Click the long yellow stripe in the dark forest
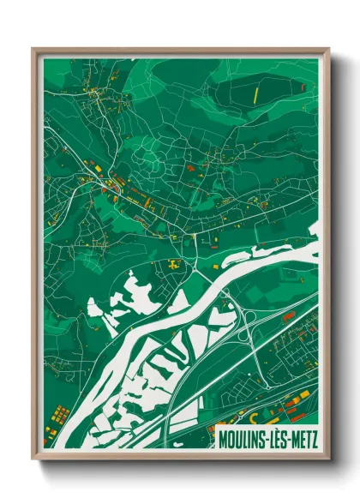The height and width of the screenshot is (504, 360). (254, 92)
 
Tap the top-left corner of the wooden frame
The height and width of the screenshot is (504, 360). (34, 50)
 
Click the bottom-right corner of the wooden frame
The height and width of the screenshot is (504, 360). (327, 457)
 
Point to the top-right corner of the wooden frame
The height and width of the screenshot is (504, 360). (327, 50)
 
